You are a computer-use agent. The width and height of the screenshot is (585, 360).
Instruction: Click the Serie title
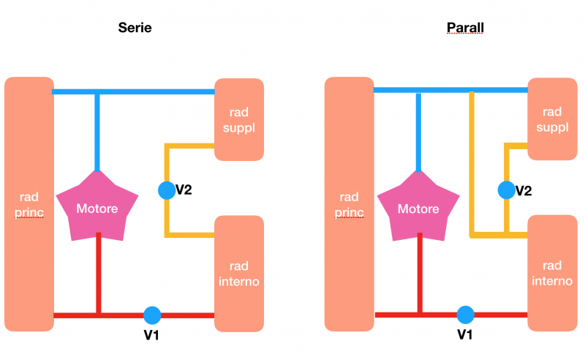(135, 29)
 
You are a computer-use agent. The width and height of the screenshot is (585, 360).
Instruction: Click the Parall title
(465, 29)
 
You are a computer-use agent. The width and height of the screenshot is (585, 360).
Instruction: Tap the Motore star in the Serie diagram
(97, 209)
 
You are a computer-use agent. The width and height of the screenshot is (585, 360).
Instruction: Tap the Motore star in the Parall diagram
(418, 209)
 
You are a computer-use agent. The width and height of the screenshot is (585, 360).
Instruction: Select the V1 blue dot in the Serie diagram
(152, 315)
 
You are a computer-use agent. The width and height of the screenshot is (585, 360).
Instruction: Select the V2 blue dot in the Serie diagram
(167, 190)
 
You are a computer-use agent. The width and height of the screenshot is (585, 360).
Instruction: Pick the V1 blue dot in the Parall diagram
(466, 315)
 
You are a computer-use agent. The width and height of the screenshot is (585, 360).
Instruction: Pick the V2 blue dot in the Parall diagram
(506, 190)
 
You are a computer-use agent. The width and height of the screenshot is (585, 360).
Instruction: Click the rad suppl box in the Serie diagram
(238, 119)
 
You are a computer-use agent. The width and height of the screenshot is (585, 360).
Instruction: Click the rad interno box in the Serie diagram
(238, 271)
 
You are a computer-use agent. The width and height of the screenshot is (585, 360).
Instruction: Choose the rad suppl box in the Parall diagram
(553, 119)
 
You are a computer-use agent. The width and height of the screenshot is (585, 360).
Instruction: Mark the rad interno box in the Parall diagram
(553, 272)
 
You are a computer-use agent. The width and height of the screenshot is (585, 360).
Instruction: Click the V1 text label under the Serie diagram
(152, 336)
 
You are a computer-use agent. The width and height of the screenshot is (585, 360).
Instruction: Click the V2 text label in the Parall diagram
(524, 191)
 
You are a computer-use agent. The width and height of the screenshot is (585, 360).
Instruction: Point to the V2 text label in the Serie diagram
(184, 191)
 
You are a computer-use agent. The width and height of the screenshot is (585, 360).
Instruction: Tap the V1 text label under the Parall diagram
(466, 335)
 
